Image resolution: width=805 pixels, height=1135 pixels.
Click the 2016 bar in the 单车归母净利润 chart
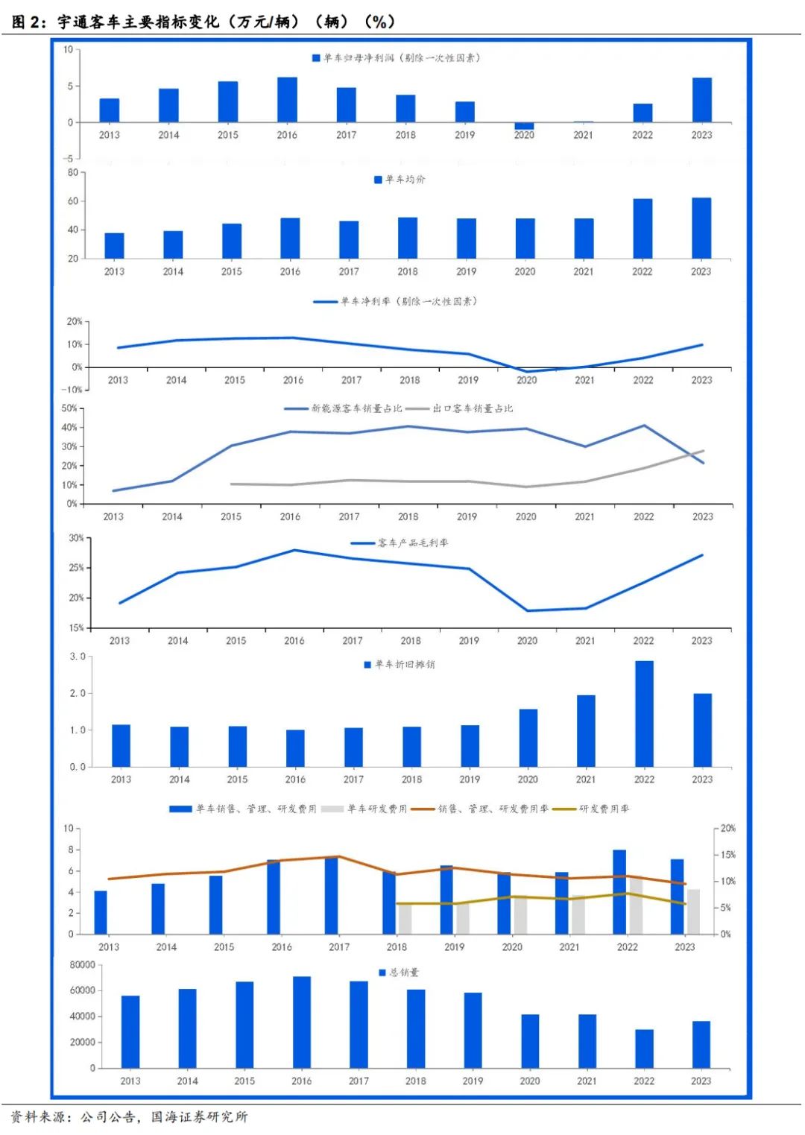287,100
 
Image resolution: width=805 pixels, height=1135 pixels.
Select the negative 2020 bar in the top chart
524,126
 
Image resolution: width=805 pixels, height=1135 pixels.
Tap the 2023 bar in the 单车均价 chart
701,228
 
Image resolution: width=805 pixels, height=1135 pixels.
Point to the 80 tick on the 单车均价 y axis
73,172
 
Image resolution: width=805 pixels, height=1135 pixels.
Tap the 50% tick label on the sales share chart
69,408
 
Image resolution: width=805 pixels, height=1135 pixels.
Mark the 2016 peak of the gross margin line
294,550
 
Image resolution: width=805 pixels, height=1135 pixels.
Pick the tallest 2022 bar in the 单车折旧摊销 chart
644,713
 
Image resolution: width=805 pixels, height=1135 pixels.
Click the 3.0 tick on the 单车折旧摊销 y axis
78,657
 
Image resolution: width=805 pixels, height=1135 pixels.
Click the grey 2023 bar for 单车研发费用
693,911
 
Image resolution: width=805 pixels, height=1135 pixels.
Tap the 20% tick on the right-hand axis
727,829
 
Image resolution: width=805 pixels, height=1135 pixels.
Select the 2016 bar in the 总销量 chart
302,1022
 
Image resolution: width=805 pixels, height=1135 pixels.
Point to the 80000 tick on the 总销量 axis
82,965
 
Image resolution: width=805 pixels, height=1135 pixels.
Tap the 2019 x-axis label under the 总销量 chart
473,1081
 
